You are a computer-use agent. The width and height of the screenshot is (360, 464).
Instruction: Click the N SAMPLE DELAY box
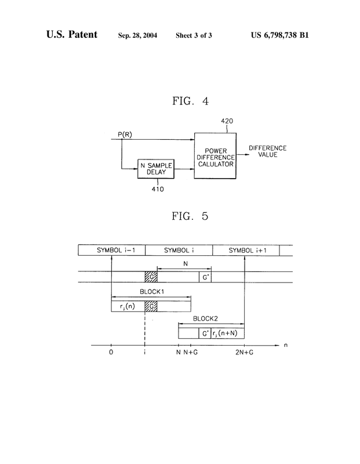pos(156,169)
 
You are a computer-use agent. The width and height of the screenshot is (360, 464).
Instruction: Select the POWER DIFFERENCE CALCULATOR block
pos(215,155)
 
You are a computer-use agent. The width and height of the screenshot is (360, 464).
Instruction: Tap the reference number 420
pos(227,121)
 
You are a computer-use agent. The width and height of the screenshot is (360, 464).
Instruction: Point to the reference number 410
pos(158,189)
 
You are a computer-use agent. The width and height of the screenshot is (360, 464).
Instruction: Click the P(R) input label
pos(125,135)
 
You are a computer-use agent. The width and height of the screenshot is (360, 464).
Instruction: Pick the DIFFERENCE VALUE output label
pos(267,151)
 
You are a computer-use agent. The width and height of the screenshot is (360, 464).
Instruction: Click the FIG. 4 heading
pos(191,101)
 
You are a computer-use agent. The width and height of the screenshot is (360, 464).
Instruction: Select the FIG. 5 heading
pos(190,216)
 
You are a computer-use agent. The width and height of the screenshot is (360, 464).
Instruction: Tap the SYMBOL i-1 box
pos(112,250)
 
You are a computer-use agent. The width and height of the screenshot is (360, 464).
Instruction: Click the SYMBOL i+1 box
pos(246,250)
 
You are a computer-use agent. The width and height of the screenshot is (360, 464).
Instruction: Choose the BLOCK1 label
pos(152,292)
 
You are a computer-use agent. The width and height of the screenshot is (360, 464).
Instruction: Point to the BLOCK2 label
pos(205,318)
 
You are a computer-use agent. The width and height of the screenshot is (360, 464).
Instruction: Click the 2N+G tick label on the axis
pos(244,353)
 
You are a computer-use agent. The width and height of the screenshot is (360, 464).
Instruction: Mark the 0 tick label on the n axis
pos(111,353)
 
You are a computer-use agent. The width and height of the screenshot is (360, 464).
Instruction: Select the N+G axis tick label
pos(191,353)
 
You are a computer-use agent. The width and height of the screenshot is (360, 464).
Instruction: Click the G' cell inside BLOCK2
pos(205,333)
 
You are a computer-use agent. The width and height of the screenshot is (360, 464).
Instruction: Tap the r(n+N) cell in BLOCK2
pos(227,333)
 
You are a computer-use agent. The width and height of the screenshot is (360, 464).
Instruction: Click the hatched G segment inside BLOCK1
pos(151,306)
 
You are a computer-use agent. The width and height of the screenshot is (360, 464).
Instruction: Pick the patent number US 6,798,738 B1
pos(280,35)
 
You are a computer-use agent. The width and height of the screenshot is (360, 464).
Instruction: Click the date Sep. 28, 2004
pos(137,35)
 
